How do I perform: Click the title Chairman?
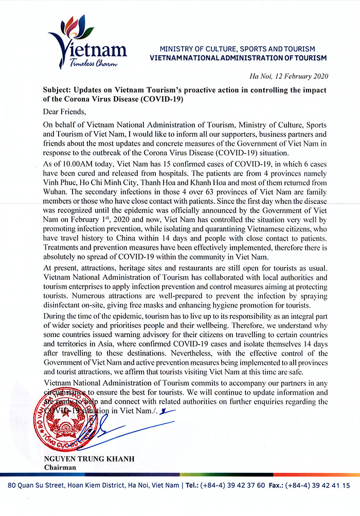[60, 467]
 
